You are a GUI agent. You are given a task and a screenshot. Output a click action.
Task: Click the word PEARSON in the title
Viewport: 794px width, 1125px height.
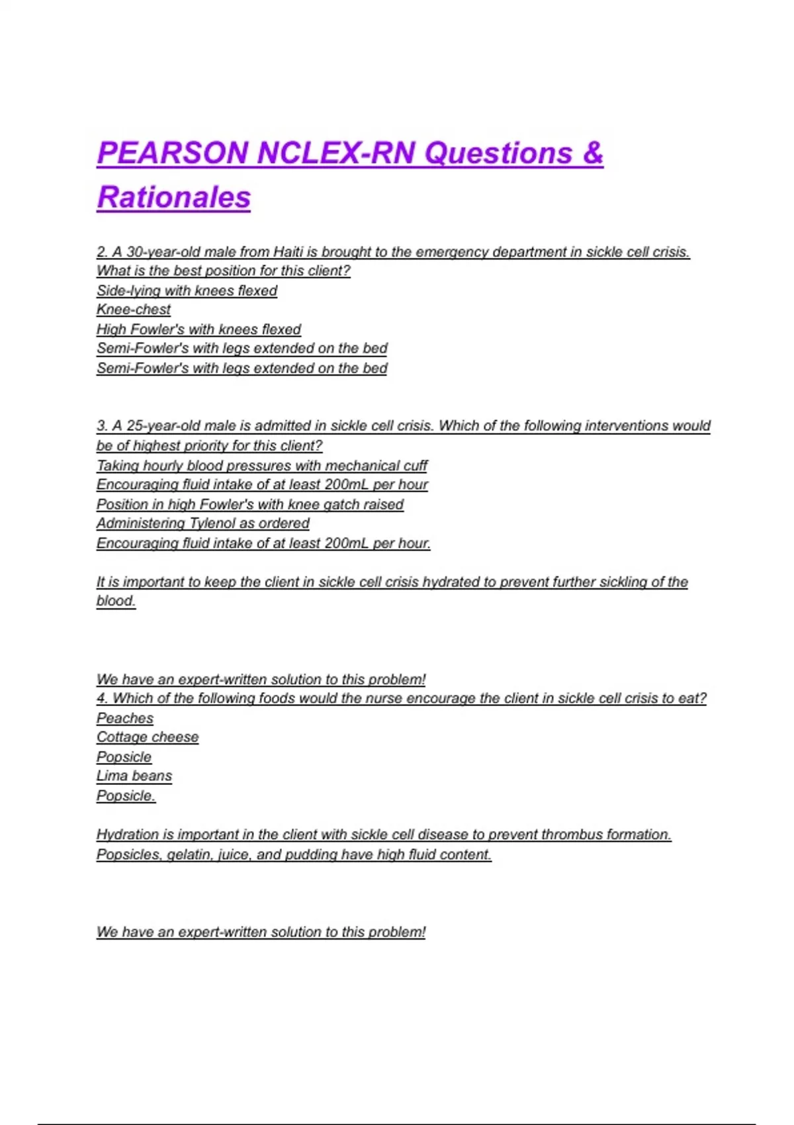pyautogui.click(x=172, y=154)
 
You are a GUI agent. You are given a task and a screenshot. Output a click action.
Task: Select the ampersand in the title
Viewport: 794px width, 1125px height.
pyautogui.click(x=593, y=154)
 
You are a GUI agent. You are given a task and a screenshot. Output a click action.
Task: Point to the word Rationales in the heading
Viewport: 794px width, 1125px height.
pyautogui.click(x=174, y=197)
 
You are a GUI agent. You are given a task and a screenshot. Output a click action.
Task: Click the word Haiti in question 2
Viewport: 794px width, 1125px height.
pyautogui.click(x=288, y=252)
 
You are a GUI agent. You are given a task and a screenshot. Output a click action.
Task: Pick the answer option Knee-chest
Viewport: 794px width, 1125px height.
pyautogui.click(x=134, y=310)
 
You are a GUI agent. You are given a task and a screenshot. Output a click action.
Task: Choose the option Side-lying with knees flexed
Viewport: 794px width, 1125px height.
pyautogui.click(x=187, y=291)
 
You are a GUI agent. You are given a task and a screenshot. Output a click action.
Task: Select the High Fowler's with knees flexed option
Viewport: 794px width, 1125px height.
pyautogui.click(x=198, y=330)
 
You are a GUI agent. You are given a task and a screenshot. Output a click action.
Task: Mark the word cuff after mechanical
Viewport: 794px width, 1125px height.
pyautogui.click(x=414, y=466)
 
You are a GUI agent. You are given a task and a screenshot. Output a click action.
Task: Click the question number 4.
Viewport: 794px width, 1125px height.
pyautogui.click(x=102, y=699)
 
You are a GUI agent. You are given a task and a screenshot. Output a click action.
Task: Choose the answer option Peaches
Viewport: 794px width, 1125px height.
pyautogui.click(x=125, y=719)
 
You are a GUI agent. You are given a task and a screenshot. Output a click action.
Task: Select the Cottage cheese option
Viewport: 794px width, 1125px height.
pyautogui.click(x=148, y=737)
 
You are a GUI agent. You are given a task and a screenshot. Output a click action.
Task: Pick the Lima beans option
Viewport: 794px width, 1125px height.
pyautogui.click(x=134, y=776)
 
